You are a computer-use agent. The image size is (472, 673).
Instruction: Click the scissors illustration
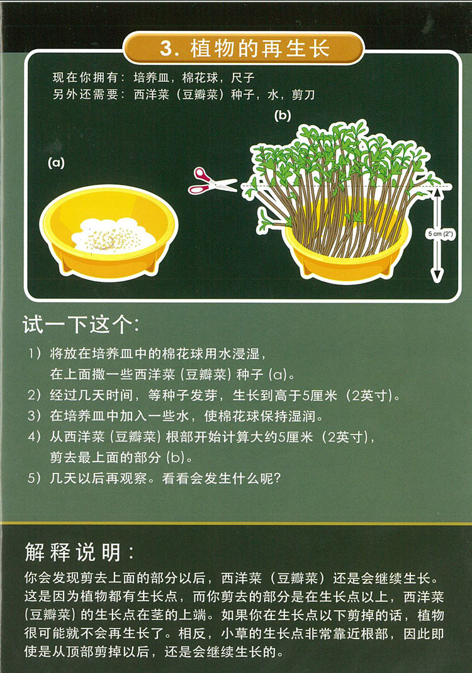[211, 181]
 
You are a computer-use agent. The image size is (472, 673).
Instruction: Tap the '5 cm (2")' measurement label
[440, 234]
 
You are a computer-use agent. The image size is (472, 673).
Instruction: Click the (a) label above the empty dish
[56, 163]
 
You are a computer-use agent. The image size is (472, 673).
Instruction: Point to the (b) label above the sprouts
[283, 116]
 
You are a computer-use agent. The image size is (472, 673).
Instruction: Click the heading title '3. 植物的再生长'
[244, 48]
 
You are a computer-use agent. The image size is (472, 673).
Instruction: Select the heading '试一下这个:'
[81, 325]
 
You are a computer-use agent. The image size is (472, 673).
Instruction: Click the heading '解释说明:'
[79, 552]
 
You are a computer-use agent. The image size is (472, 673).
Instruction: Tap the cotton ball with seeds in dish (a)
[113, 235]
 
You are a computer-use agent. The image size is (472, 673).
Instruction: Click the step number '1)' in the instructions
[35, 353]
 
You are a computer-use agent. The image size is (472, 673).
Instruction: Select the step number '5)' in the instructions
[35, 478]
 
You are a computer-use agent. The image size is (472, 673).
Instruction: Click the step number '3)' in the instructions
[35, 416]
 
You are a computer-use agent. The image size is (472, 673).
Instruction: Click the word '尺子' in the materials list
[243, 78]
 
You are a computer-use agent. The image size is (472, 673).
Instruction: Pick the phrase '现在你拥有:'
[89, 78]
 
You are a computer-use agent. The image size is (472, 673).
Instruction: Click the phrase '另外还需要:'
[89, 94]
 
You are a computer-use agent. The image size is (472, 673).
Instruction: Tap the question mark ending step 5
[276, 478]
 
